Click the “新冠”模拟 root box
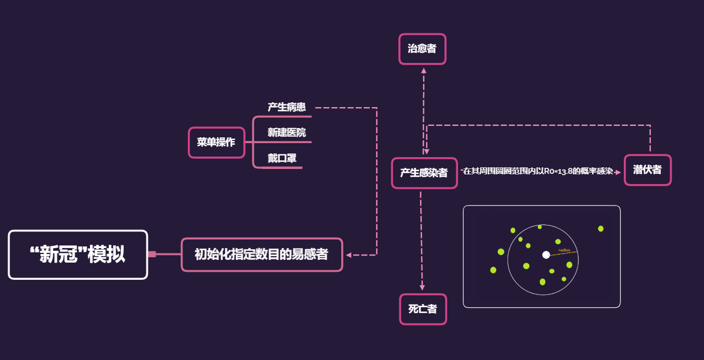click(78, 255)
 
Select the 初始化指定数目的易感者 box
click(262, 255)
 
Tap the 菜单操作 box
click(216, 143)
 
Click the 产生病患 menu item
click(287, 107)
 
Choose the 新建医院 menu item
click(287, 132)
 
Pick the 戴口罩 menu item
click(282, 158)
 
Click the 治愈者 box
click(422, 49)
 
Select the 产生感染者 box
click(424, 173)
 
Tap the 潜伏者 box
click(647, 170)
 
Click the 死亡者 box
click(423, 309)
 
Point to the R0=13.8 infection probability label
click(538, 171)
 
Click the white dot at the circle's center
click(546, 255)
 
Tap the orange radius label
click(564, 250)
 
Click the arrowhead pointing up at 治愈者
click(424, 70)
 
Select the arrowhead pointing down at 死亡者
click(422, 289)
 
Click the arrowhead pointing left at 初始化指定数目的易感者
click(349, 255)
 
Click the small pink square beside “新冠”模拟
click(152, 255)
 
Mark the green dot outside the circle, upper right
click(601, 229)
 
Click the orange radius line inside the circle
click(562, 253)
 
